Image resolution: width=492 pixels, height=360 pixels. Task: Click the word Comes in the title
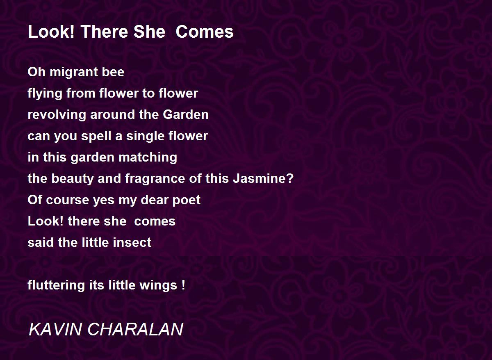(x=205, y=32)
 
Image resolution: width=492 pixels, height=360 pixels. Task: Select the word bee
(x=113, y=72)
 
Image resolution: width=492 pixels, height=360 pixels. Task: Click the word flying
(x=45, y=94)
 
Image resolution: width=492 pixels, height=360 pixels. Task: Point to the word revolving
(x=57, y=115)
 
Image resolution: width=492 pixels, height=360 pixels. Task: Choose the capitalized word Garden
(x=186, y=115)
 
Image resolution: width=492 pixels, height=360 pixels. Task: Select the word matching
(x=148, y=158)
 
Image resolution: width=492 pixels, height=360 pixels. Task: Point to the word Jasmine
(x=260, y=179)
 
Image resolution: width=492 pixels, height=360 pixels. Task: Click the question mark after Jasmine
(x=290, y=178)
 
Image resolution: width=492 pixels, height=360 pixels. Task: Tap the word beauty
(x=73, y=179)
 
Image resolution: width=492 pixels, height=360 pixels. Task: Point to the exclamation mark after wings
(x=183, y=285)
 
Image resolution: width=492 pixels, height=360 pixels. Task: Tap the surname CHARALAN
(x=135, y=329)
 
